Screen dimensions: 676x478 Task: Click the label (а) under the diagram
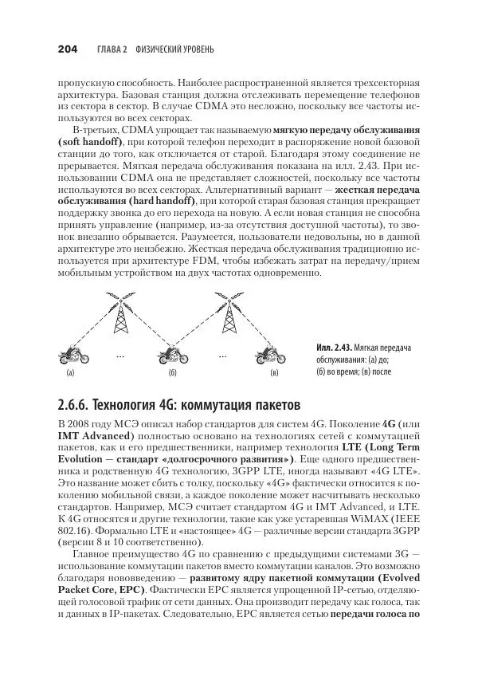[x=69, y=373]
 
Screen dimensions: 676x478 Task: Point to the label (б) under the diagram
[x=170, y=373]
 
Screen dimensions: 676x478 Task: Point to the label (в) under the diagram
[x=274, y=373]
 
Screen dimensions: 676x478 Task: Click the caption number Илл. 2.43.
[x=335, y=348]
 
